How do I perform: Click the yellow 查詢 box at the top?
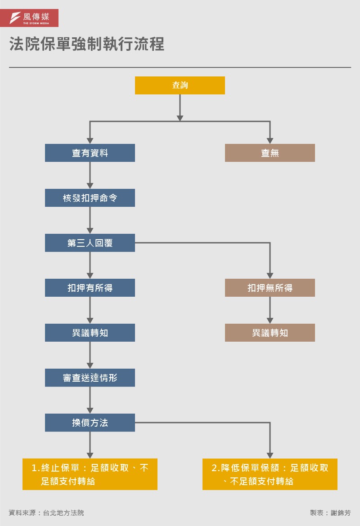[180, 85]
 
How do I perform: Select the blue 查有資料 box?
[90, 153]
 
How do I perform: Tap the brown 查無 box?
[270, 153]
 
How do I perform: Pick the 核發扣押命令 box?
[90, 198]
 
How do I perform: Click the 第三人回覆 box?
[90, 243]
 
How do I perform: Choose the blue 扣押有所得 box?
[90, 288]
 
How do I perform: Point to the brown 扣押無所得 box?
[270, 288]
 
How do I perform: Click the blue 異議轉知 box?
[90, 333]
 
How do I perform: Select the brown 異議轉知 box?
[270, 333]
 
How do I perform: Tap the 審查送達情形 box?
[90, 378]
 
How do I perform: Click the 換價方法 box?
[90, 423]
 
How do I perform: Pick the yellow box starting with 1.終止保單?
[90, 474]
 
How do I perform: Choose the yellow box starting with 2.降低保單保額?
[270, 474]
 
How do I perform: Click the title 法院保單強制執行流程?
[87, 45]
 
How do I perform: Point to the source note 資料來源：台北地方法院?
[46, 513]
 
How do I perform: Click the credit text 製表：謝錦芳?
[330, 513]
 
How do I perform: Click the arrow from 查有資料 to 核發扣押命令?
[90, 175]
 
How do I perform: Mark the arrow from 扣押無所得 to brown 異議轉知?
[270, 310]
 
